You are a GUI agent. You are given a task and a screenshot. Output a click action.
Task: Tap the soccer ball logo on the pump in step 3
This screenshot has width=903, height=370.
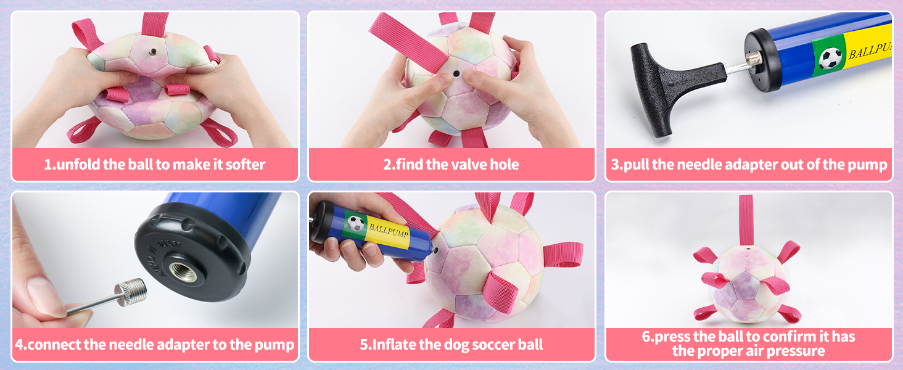[830, 58]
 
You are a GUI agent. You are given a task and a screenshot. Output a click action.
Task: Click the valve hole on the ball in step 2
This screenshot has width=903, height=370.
[456, 73]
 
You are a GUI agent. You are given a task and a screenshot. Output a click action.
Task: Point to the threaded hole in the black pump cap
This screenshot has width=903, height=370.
[183, 271]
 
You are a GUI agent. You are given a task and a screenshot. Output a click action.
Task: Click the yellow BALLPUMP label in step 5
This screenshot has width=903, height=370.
[389, 231]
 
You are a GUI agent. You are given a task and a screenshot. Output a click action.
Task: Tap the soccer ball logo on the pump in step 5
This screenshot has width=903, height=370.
[356, 223]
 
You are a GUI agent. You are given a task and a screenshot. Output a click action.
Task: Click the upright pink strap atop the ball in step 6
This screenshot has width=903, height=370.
[746, 219]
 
